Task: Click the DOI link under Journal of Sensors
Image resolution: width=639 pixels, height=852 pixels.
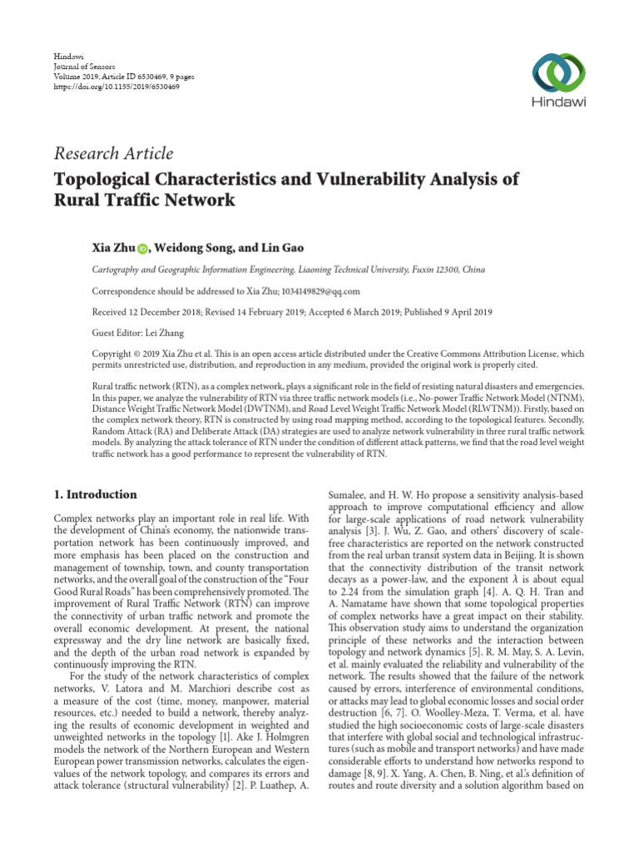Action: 105,85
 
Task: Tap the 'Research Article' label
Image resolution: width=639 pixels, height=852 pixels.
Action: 113,153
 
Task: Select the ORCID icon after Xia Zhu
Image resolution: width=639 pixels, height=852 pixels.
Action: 141,248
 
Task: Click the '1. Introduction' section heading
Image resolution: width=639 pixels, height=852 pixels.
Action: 95,494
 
